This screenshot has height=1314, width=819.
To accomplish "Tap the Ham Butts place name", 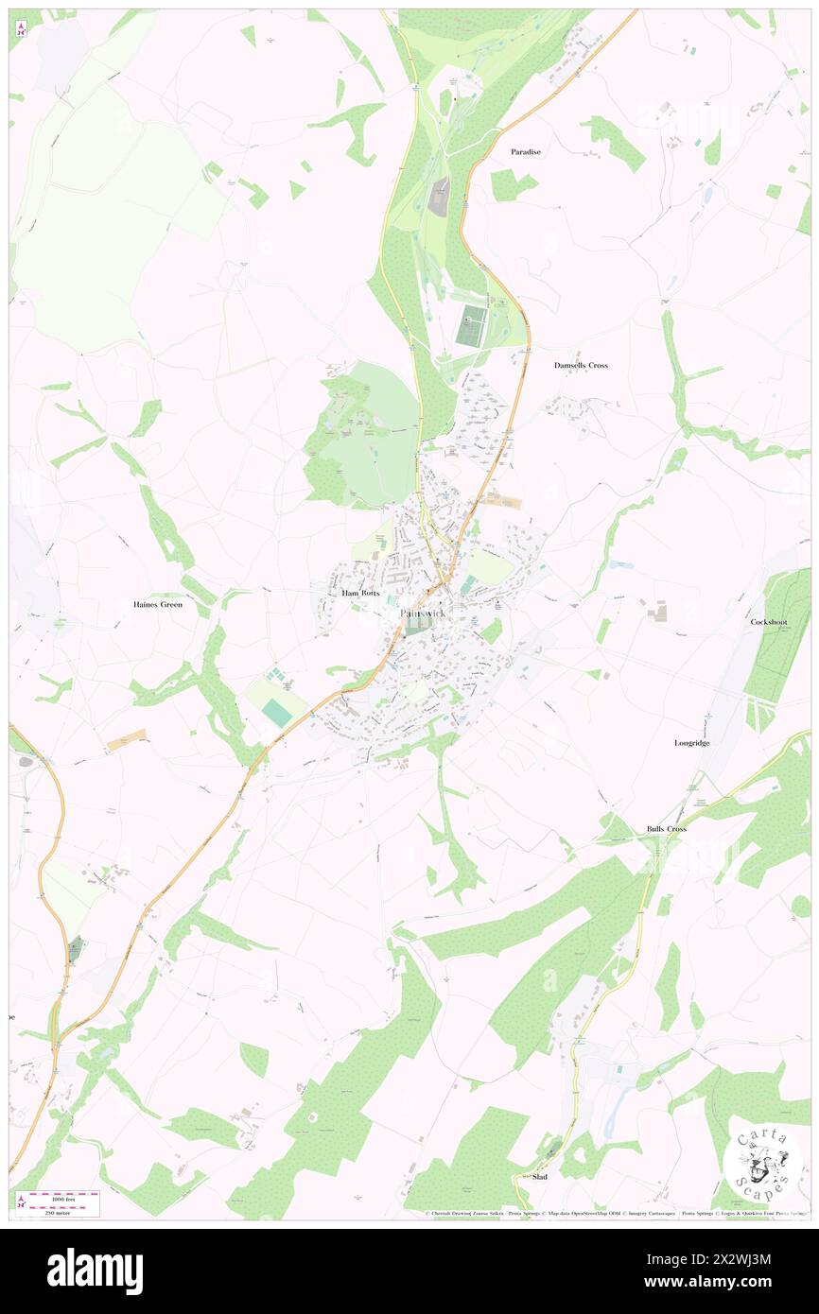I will tap(359, 593).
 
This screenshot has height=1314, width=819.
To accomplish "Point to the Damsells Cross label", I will tap(581, 365).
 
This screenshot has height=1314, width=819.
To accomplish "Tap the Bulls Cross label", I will tap(666, 829).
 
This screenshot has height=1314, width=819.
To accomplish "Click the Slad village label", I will tap(540, 1177).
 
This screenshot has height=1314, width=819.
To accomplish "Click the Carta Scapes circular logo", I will tap(762, 1160).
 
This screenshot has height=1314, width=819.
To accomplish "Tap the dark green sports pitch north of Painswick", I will tap(471, 326).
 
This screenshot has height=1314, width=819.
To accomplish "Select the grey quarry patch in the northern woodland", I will tap(440, 196).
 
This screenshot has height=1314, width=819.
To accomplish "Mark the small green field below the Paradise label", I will tap(511, 184).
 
